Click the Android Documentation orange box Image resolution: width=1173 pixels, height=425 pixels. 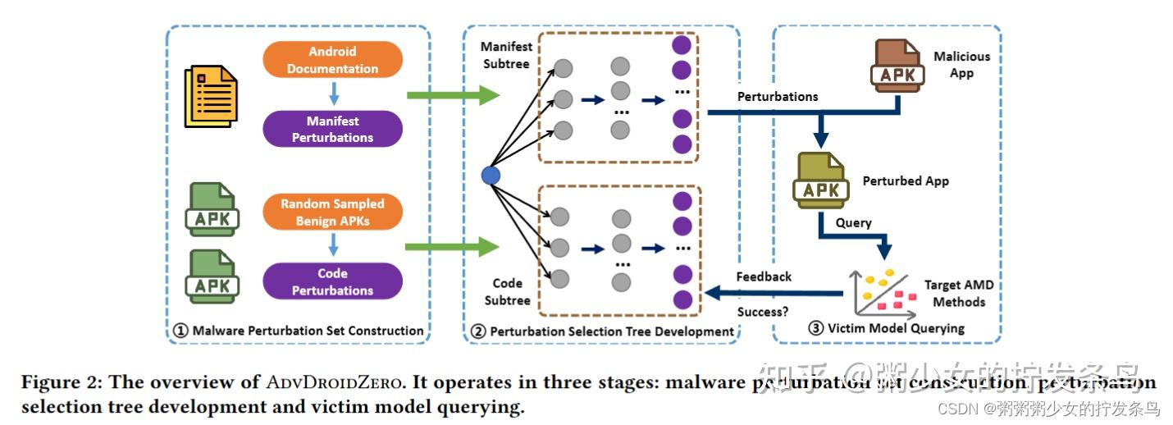332,61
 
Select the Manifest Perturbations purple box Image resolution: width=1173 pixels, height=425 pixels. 332,129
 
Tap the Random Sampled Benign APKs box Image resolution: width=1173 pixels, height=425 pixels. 332,212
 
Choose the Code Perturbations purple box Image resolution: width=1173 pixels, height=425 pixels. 332,281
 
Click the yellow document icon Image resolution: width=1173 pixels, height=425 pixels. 211,97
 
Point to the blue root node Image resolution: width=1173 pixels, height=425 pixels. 491,175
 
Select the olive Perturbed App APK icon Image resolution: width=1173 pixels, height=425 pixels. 819,181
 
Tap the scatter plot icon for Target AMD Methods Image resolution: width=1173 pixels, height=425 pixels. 883,292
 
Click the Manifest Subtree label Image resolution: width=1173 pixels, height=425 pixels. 506,55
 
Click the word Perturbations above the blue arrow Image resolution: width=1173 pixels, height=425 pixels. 777,96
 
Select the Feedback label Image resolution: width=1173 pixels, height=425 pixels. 764,276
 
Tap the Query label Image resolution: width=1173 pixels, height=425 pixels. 853,222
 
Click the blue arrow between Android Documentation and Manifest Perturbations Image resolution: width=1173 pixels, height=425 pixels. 332,94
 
